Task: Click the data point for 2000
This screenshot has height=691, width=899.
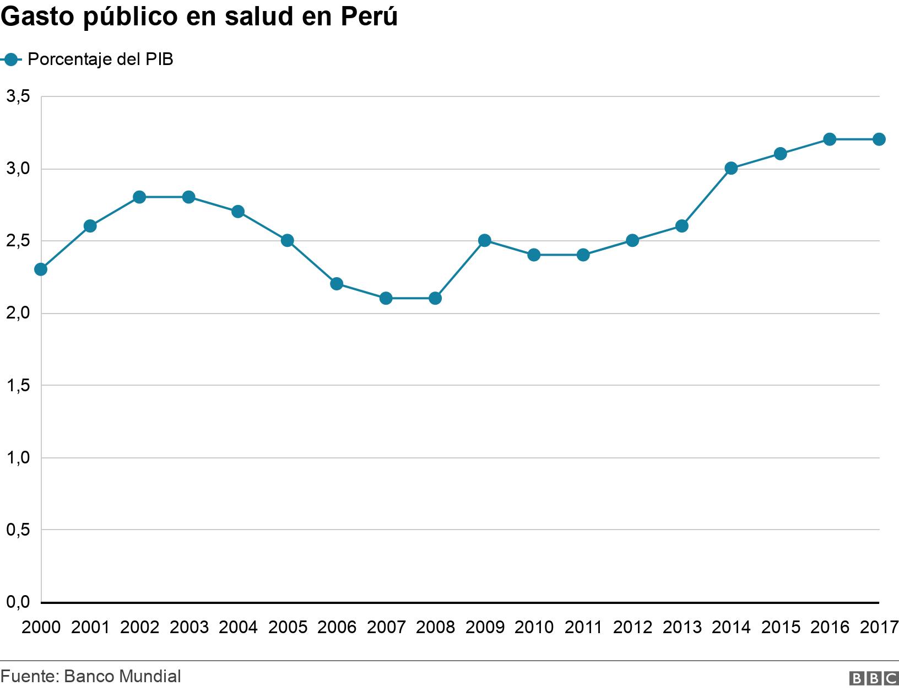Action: [41, 269]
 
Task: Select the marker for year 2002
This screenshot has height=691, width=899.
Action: [139, 197]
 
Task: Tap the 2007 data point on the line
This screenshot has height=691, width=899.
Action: [386, 298]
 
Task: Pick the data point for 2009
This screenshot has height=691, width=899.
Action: [485, 241]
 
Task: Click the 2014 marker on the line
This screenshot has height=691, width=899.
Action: [732, 169]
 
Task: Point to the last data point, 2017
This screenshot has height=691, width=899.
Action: [879, 139]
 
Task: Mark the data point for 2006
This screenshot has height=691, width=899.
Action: [337, 284]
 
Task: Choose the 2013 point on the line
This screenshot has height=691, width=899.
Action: [682, 226]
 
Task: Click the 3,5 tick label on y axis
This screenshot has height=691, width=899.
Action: [18, 97]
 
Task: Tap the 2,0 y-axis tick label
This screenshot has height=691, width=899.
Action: [18, 314]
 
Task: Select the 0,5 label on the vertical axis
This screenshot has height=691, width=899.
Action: [18, 530]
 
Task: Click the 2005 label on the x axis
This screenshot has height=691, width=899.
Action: [287, 628]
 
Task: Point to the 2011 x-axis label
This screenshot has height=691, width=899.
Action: [583, 628]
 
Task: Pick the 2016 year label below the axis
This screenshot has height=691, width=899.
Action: [830, 628]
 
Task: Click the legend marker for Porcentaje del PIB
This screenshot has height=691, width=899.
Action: [11, 60]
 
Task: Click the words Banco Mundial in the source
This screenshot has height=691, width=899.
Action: [122, 676]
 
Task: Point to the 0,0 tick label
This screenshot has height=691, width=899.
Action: [18, 602]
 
